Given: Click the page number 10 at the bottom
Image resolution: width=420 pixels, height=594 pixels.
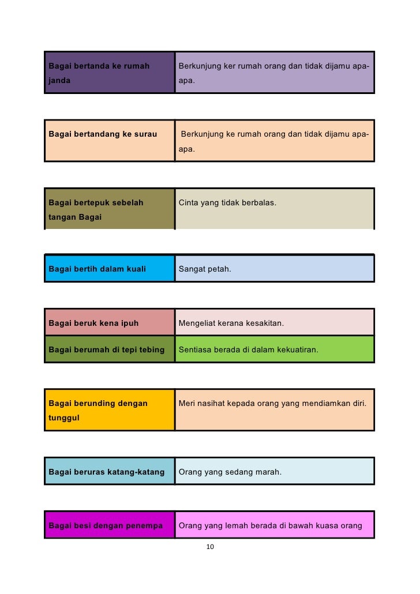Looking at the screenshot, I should click(210, 547).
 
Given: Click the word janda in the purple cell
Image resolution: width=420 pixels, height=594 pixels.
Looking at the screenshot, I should click(59, 81).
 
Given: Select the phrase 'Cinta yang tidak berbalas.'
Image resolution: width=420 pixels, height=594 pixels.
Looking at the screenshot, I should click(227, 202).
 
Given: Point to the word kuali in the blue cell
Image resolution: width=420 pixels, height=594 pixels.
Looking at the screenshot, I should click(133, 269).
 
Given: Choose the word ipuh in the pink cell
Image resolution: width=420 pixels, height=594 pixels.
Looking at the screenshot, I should click(129, 323).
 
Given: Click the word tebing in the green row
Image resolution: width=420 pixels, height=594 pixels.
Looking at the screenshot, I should click(152, 349).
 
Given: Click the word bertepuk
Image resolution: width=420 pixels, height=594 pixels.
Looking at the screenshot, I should click(92, 202).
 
